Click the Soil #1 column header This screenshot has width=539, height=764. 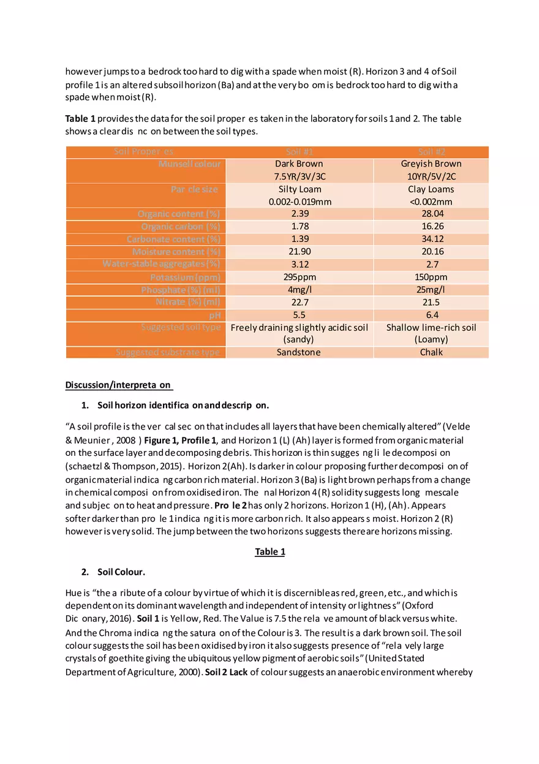[x=299, y=152]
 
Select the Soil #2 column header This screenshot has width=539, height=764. [x=431, y=152]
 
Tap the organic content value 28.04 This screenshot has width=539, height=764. [x=431, y=214]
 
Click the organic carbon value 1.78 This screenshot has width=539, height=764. [x=299, y=227]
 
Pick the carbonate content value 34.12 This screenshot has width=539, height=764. [x=431, y=239]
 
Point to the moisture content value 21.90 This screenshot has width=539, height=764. [x=299, y=252]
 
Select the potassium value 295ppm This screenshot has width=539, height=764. [x=299, y=277]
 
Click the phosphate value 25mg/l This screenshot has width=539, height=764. [x=431, y=290]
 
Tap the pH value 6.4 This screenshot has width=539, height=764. [x=431, y=315]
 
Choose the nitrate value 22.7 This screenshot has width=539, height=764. [x=299, y=302]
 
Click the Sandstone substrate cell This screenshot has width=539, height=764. [x=299, y=352]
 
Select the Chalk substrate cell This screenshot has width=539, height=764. [x=431, y=352]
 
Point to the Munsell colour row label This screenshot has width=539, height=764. [x=190, y=164]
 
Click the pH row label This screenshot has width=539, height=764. [x=214, y=315]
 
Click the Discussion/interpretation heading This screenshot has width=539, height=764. [x=119, y=385]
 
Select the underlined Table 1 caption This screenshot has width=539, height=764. [x=269, y=552]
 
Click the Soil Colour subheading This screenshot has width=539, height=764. [x=121, y=572]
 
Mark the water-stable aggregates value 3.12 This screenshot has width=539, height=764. [x=299, y=264]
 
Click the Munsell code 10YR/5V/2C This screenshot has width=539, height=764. [x=431, y=176]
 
